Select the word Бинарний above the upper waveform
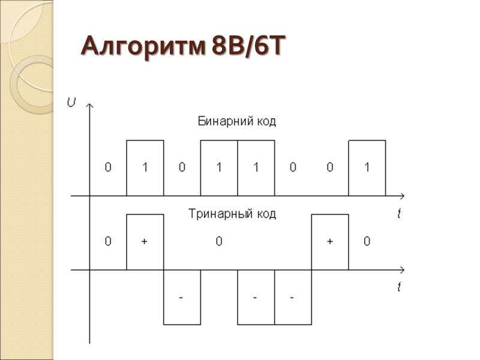tap(221, 122)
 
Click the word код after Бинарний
tap(265, 122)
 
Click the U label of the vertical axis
tap(72, 103)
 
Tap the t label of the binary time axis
tap(399, 214)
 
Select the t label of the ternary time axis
tap(399, 287)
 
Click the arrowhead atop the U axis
tap(89, 106)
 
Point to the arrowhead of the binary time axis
tap(401, 196)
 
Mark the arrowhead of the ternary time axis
tap(401, 270)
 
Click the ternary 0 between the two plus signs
tap(219, 242)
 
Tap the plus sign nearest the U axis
tap(145, 242)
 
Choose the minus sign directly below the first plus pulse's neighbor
tap(182, 298)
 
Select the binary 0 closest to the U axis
tap(108, 168)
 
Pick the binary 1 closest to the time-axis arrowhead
tap(367, 168)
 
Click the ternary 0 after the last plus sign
tap(367, 242)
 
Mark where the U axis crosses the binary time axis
tap(89, 196)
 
